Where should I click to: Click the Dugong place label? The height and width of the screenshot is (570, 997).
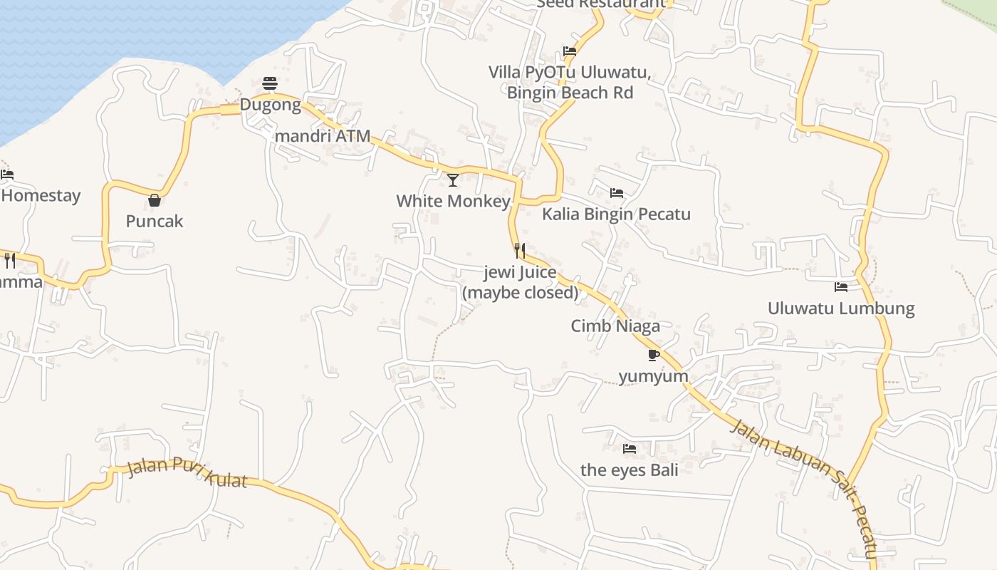point(270,105)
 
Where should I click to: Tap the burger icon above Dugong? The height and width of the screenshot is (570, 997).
point(270,83)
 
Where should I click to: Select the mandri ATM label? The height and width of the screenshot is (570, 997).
point(323,135)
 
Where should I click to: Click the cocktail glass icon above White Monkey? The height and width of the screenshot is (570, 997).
point(453,180)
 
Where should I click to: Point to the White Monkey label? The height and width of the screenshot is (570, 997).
point(453,201)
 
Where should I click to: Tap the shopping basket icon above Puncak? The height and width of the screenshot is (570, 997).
point(155,200)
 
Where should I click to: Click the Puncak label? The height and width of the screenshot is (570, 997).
point(155,221)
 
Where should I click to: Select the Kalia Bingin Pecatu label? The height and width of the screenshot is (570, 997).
point(616,214)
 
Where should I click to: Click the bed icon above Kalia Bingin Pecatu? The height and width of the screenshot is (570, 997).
point(617,193)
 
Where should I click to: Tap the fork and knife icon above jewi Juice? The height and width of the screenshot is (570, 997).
point(520,251)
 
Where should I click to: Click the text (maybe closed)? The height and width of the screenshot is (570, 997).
point(520,292)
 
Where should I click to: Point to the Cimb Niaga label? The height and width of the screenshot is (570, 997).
point(615,326)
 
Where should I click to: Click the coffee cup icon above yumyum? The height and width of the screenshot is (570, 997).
point(653,355)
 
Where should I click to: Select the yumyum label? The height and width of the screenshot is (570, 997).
point(653,376)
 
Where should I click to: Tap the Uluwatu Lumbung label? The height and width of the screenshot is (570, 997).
point(841,309)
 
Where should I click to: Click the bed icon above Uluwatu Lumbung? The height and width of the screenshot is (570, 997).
point(841,287)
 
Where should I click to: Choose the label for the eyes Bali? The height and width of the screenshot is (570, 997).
point(629,470)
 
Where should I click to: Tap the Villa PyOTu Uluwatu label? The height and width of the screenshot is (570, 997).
point(569,73)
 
